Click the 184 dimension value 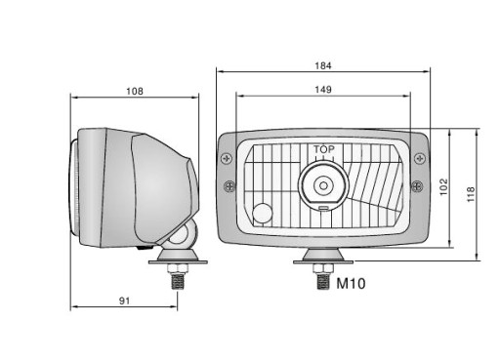click(x=323, y=65)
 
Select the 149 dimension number click(x=323, y=90)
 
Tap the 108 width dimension click(x=135, y=92)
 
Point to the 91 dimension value click(x=124, y=301)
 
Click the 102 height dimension click(x=443, y=187)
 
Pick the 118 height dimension click(x=471, y=194)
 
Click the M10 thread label click(x=351, y=284)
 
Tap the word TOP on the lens click(x=324, y=149)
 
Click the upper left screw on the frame click(x=227, y=159)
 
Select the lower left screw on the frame click(x=229, y=186)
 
